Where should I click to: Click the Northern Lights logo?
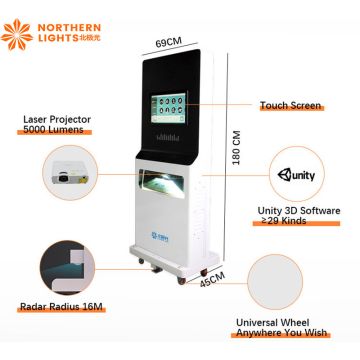click(41, 31)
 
